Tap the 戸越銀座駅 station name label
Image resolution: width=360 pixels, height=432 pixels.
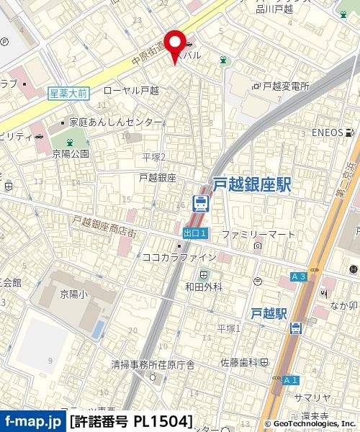(251, 185)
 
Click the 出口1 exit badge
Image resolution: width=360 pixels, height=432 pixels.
(195, 233)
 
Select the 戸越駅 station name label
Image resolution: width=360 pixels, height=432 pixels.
(270, 313)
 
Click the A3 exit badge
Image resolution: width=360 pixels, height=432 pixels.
(299, 276)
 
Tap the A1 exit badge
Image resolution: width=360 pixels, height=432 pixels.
(291, 379)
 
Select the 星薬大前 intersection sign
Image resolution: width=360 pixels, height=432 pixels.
(68, 93)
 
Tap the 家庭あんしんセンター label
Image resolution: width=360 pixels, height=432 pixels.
(116, 122)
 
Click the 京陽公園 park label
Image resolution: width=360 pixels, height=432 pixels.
(71, 153)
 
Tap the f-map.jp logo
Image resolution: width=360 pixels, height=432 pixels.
(33, 420)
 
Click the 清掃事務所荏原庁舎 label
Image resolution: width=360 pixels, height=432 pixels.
(153, 364)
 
